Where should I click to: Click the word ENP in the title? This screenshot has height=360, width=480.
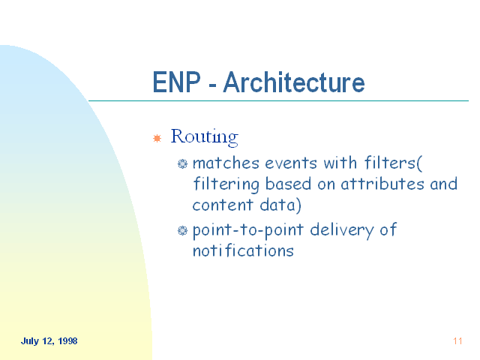(177, 82)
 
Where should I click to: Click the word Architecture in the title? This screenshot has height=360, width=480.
(294, 82)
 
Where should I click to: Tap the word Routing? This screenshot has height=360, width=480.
(205, 137)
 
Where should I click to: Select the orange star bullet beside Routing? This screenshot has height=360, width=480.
(157, 138)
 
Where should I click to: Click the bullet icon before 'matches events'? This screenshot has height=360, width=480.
(182, 163)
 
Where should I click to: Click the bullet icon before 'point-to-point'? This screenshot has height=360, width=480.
(182, 230)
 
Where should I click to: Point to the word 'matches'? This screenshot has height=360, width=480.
(226, 163)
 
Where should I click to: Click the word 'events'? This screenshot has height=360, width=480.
(291, 163)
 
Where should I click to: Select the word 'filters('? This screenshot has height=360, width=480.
(393, 163)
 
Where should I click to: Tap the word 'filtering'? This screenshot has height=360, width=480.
(226, 184)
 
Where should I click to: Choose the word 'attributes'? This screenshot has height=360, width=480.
(382, 184)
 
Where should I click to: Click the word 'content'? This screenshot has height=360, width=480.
(223, 205)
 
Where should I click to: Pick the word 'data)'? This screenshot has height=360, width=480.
(280, 205)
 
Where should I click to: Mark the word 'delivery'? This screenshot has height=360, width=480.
(342, 230)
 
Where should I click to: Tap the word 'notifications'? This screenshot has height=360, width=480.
(243, 250)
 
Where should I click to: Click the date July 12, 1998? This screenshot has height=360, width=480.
(49, 341)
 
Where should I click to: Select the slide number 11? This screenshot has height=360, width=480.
(457, 341)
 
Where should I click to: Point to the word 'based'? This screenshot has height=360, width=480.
(288, 184)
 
